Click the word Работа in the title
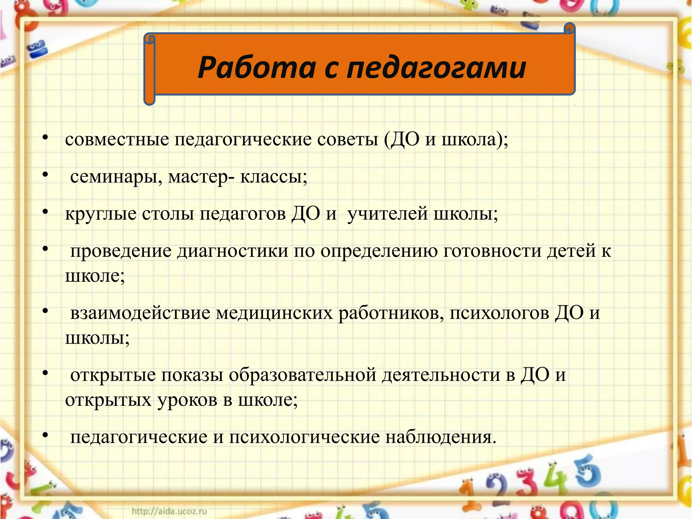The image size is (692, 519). tap(257, 68)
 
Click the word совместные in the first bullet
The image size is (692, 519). tap(117, 140)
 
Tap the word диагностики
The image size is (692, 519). tap(233, 251)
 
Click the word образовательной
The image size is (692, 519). tap(302, 375)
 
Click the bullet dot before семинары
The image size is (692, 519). tap(46, 175)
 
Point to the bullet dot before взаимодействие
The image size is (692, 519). tap(46, 311)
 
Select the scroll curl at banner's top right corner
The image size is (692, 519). tap(570, 28)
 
